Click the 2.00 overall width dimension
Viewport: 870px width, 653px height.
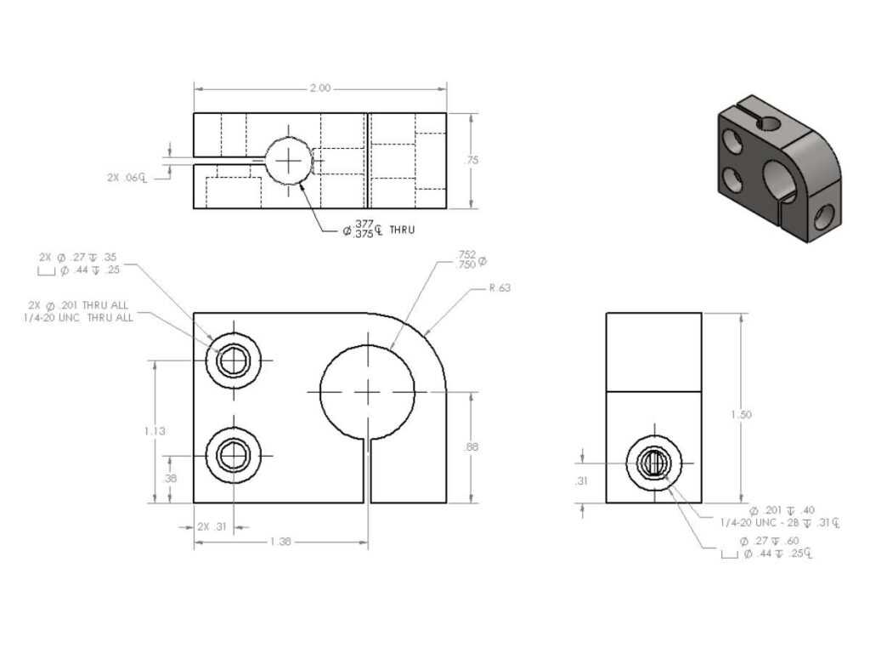[320, 88]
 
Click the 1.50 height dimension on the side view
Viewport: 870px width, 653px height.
[741, 414]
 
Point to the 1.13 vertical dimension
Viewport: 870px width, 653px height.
[155, 430]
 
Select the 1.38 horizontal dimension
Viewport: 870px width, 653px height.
[281, 542]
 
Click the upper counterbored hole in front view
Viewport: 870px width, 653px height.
[231, 361]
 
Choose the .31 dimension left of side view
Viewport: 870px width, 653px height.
[582, 480]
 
